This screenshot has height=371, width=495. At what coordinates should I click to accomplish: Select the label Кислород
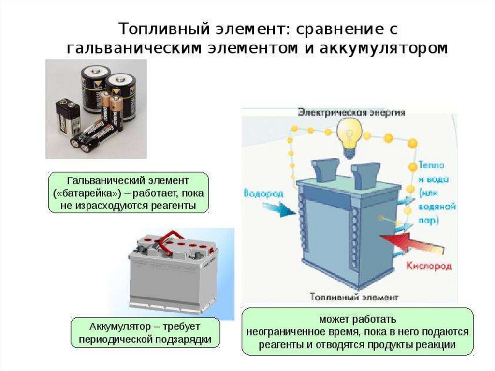pyautogui.click(x=429, y=266)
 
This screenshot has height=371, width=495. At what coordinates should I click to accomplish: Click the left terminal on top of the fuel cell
pyautogui.click(x=321, y=171)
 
